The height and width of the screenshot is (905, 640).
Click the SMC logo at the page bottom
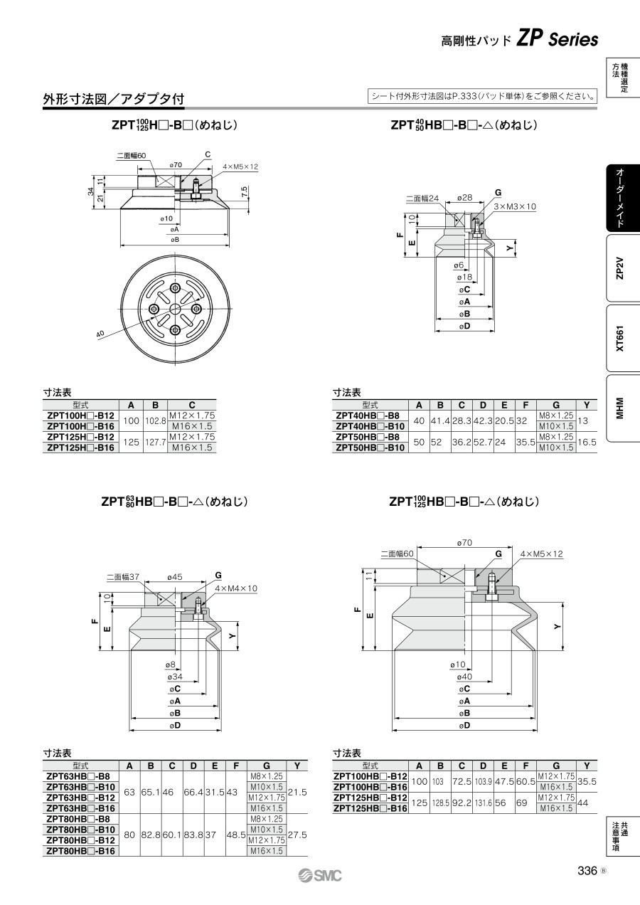pyautogui.click(x=320, y=876)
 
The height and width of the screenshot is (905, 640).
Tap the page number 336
pyautogui.click(x=587, y=870)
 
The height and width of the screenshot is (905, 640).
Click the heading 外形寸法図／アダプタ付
pyautogui.click(x=114, y=99)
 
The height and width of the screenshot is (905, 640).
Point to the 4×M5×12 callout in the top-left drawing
pyautogui.click(x=240, y=166)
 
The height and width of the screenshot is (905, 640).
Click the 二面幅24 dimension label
pyautogui.click(x=422, y=198)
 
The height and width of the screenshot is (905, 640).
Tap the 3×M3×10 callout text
pyautogui.click(x=515, y=206)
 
